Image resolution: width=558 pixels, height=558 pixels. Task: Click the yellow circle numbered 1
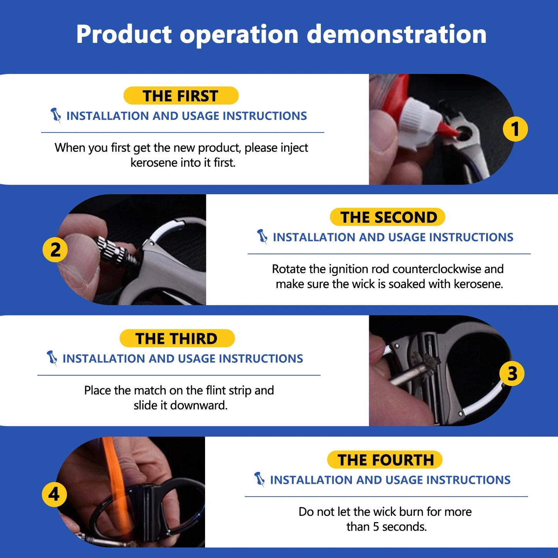pyautogui.click(x=515, y=129)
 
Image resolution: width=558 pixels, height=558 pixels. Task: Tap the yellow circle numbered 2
pyautogui.click(x=55, y=249)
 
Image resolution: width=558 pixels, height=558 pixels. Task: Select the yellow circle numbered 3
pyautogui.click(x=512, y=373)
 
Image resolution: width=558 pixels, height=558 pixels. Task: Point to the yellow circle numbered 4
pyautogui.click(x=54, y=495)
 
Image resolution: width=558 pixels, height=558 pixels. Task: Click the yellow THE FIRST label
pyautogui.click(x=181, y=95)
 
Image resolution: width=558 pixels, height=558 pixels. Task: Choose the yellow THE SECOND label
pyautogui.click(x=387, y=217)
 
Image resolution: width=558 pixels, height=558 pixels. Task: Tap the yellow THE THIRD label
pyautogui.click(x=177, y=338)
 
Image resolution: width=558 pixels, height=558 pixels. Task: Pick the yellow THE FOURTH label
pyautogui.click(x=385, y=460)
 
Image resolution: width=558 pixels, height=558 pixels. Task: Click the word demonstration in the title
pyautogui.click(x=397, y=34)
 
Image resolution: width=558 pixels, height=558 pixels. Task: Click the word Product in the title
pyautogui.click(x=124, y=34)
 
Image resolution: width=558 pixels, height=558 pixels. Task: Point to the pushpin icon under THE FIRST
pyautogui.click(x=56, y=115)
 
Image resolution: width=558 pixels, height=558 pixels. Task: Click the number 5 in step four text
pyautogui.click(x=376, y=527)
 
